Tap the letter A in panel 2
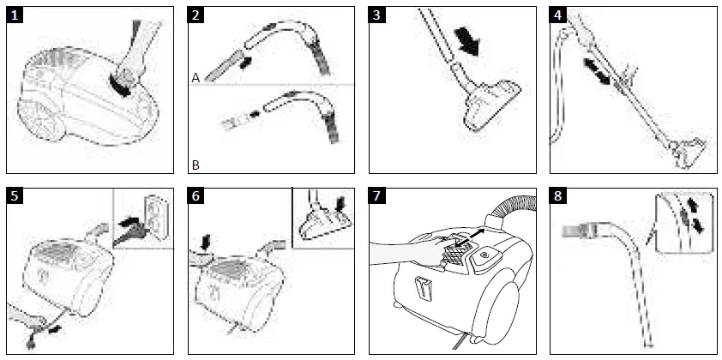pyautogui.click(x=196, y=77)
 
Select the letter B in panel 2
pyautogui.click(x=196, y=162)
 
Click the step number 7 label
pyautogui.click(x=381, y=197)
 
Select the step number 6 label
pyautogui.click(x=199, y=197)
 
